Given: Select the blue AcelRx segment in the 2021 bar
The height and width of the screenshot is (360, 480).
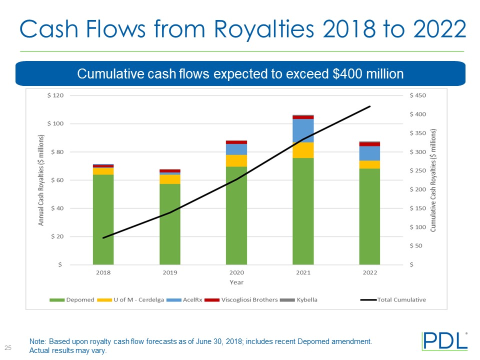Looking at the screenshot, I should (303, 130).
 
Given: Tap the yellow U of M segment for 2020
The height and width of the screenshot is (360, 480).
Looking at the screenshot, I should (236, 160).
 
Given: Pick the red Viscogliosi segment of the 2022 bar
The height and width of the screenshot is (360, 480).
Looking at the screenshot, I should (369, 144).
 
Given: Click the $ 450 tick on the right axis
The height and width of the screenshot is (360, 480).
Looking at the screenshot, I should (418, 95).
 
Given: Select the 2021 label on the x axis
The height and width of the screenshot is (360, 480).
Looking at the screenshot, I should (303, 272).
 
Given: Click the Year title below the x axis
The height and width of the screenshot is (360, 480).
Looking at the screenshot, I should (236, 282).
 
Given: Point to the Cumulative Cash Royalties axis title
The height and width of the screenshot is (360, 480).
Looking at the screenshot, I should (433, 180).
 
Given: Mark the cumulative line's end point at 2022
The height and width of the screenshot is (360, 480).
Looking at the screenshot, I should (370, 106).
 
